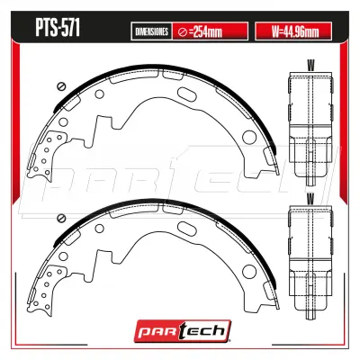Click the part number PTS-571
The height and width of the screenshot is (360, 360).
(x=58, y=29)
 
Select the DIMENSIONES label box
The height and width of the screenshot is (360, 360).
(x=151, y=31)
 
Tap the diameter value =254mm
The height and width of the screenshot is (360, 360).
(x=205, y=31)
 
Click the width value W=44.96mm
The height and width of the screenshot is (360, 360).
(x=295, y=31)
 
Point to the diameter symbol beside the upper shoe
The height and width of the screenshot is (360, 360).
(x=61, y=86)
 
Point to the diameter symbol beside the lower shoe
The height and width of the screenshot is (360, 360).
(x=61, y=218)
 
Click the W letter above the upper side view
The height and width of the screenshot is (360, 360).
(x=311, y=65)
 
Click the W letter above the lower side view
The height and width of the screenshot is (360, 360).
(x=311, y=199)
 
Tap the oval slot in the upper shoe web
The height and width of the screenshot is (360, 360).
(x=185, y=94)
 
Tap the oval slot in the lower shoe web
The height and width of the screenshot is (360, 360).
(x=185, y=229)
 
